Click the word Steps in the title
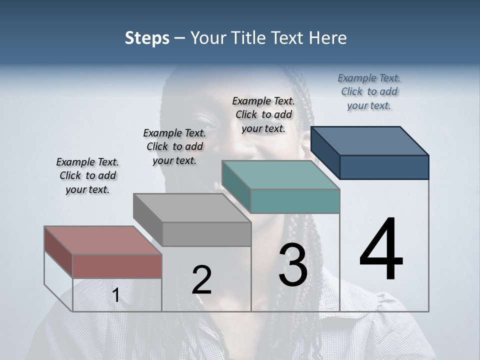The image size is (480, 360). [x=147, y=38]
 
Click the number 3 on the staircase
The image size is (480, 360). [x=293, y=265]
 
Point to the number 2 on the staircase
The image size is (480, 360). [x=201, y=280]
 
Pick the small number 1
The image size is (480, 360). [x=116, y=295]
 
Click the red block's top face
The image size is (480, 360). [x=103, y=240]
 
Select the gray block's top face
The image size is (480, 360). [x=192, y=207]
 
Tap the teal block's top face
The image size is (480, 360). [x=280, y=175]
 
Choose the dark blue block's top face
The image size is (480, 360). [x=369, y=140]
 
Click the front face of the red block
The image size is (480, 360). [x=117, y=266]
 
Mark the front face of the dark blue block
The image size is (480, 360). [x=384, y=167]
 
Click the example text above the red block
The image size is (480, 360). [x=87, y=175]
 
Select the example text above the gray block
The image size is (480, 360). [x=174, y=146]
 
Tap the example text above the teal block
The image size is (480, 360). [x=263, y=114]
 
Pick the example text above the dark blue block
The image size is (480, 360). [x=369, y=91]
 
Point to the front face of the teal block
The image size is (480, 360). [x=295, y=201]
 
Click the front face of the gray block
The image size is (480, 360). [x=206, y=234]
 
